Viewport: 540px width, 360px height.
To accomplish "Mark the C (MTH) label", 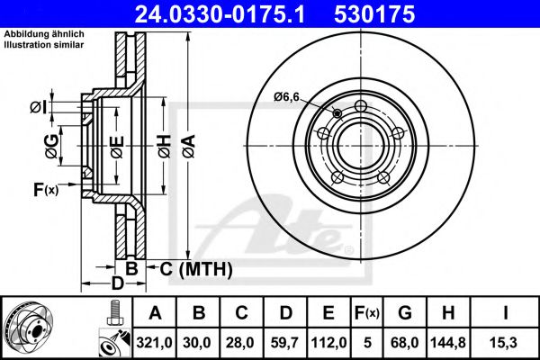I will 196,269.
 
